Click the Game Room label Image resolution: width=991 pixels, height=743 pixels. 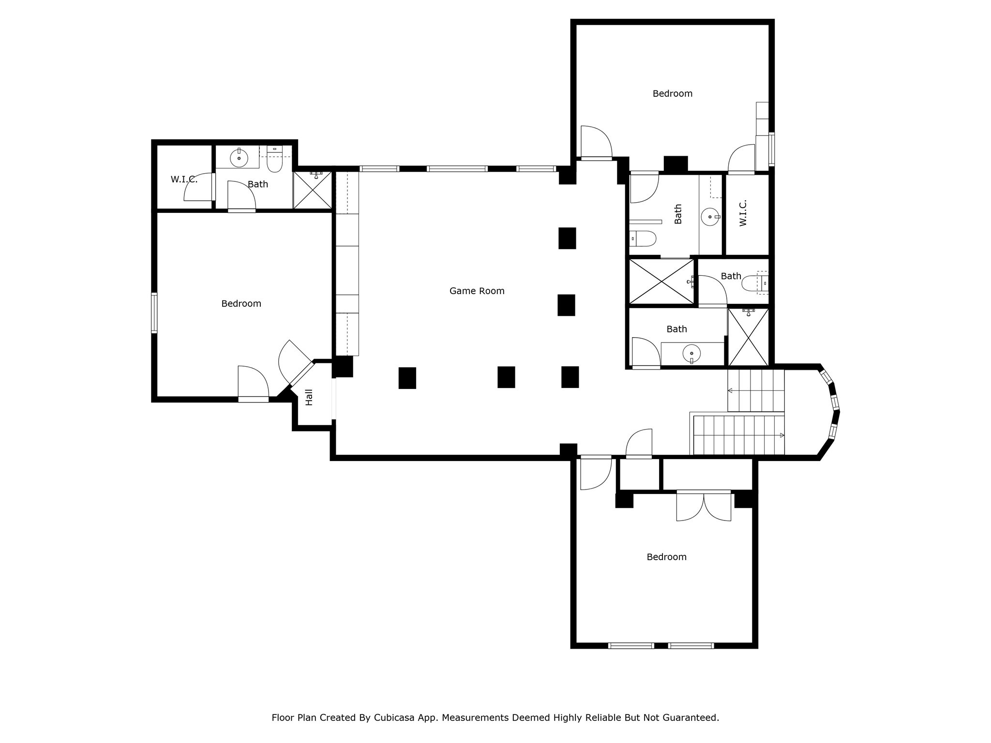[x=477, y=291]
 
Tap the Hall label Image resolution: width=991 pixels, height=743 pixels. [x=309, y=397]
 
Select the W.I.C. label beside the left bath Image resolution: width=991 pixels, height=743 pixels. [x=184, y=179]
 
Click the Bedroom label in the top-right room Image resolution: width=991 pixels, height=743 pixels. [x=672, y=93]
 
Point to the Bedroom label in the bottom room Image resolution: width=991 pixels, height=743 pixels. [x=666, y=557]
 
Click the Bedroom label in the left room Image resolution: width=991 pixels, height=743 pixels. [x=241, y=303]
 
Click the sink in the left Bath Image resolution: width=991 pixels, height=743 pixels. [x=239, y=157]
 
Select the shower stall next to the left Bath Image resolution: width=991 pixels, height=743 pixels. [x=313, y=190]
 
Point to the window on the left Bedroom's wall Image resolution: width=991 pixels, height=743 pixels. [x=154, y=312]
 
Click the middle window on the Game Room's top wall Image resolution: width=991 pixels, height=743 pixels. [x=457, y=169]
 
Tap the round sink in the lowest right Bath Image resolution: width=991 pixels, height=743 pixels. [x=691, y=354]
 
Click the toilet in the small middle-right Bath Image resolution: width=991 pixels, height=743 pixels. [x=754, y=283]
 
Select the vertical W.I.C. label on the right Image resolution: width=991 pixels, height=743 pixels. [x=743, y=213]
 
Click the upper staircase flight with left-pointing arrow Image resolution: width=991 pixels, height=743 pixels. [x=755, y=390]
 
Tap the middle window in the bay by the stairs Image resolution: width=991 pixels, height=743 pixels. [x=835, y=402]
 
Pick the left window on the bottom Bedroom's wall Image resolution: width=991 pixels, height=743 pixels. [x=631, y=645]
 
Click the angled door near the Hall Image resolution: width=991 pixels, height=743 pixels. [x=301, y=373]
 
